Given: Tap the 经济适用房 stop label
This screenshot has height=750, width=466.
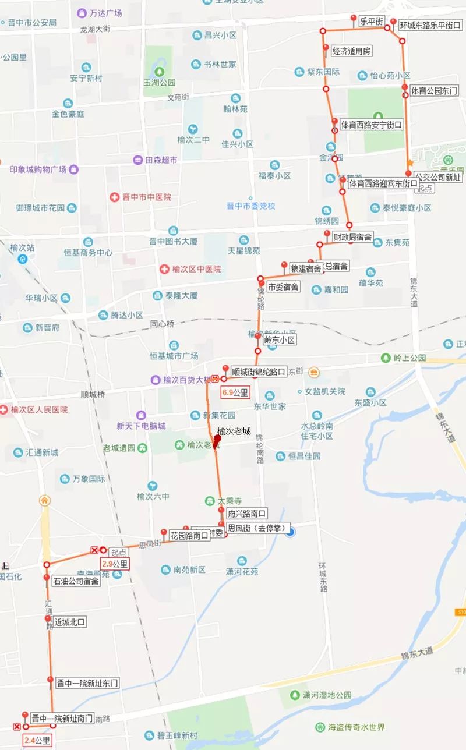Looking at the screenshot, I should coord(351,51).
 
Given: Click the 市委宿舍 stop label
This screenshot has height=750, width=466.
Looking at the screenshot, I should coord(284,286).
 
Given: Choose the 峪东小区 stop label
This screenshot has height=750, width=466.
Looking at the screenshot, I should coord(280,340).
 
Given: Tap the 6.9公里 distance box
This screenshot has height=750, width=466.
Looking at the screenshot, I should coord(235,392).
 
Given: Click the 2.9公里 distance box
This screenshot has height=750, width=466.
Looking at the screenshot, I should coord(114,564).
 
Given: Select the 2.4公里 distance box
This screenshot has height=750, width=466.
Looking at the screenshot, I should coord(37,741).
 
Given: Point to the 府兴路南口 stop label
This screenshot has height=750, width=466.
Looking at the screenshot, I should coord(247,514).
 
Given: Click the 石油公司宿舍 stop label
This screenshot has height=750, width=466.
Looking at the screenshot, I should coord(76,581).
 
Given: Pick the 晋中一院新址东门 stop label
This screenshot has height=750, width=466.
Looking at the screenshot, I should coord(87,683).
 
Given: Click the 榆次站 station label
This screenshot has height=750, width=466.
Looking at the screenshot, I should coord(23,247).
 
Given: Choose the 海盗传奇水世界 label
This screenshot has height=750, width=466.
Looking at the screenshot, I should coord(358,727).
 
